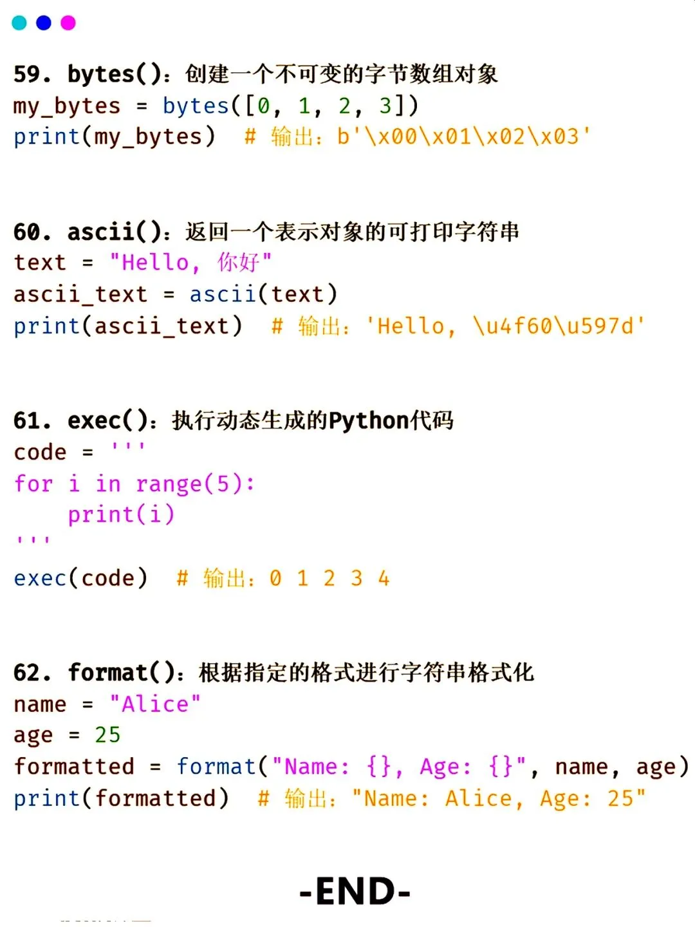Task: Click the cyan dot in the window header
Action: [x=19, y=23]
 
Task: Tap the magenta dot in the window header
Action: [x=68, y=23]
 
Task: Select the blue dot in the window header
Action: [x=44, y=23]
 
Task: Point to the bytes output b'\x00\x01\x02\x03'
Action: [x=463, y=136]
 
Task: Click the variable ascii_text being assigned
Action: [x=80, y=294]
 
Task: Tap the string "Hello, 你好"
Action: [x=190, y=263]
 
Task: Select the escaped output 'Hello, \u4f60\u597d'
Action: [x=505, y=326]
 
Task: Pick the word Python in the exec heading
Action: [x=369, y=420]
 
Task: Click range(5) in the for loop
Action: [x=195, y=483]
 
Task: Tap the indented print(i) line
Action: [x=121, y=514]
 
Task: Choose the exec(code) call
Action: [x=80, y=578]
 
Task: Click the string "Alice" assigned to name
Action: [x=155, y=704]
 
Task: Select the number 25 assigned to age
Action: [x=107, y=735]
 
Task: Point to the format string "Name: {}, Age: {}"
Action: [x=399, y=767]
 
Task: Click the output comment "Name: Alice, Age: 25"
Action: [x=499, y=798]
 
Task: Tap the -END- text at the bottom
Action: [x=355, y=892]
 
